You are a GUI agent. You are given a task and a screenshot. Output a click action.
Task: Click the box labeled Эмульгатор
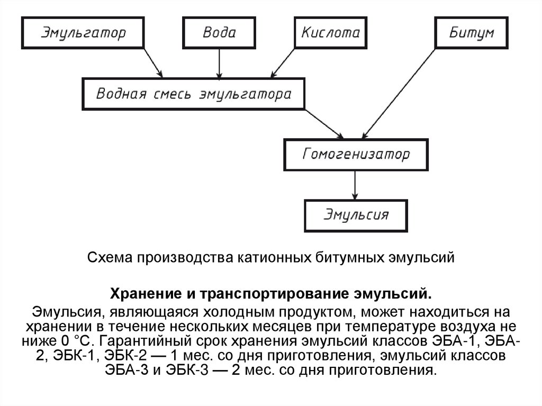pos(84,32)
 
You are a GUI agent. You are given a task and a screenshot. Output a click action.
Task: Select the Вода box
pos(219,32)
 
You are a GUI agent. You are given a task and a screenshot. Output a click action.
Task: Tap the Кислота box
pos(331,32)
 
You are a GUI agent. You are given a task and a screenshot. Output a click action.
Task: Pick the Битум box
pos(471,32)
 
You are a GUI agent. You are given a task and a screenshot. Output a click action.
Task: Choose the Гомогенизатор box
pos(356,155)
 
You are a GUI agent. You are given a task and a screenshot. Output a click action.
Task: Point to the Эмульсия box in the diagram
pos(356,215)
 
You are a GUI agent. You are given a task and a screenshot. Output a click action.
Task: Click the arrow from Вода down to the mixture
pos(219,63)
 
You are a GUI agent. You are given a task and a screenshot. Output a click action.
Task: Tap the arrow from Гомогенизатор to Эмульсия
pos(356,185)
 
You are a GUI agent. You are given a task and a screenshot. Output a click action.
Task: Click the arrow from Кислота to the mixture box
pos(283,63)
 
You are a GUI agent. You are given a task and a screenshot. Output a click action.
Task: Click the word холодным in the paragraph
pos(231,309)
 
